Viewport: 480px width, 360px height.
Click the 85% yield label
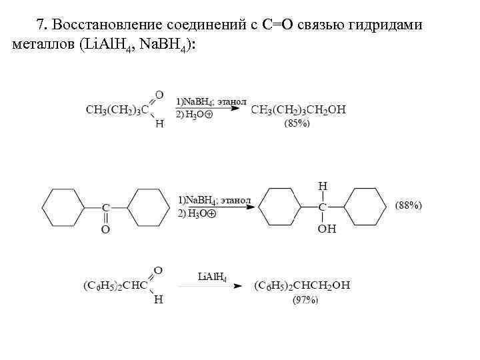tap(297, 123)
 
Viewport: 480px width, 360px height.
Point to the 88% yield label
tap(409, 205)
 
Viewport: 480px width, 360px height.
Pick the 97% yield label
tap(306, 300)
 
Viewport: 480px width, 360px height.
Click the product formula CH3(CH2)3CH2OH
tap(299, 109)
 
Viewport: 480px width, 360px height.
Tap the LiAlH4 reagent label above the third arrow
tap(213, 276)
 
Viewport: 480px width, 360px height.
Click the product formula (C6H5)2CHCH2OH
tap(302, 286)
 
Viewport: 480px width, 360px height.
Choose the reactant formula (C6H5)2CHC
tap(114, 286)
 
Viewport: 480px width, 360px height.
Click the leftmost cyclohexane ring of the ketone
tap(63, 207)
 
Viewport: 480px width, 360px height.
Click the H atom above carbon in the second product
tap(322, 186)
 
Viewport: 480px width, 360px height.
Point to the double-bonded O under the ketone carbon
tap(105, 229)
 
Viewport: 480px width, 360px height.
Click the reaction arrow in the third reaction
tap(213, 286)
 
